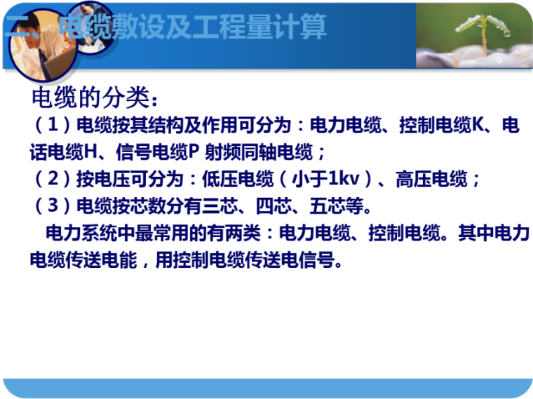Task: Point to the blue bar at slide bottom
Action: click(x=266, y=386)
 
